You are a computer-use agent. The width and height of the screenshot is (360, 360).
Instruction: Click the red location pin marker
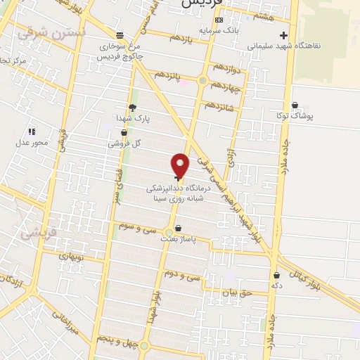point(181,165)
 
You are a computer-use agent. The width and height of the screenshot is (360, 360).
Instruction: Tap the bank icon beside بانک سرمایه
point(219,20)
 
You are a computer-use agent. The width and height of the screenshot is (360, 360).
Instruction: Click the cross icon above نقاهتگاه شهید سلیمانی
point(283,34)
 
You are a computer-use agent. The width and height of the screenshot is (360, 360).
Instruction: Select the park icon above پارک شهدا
point(131,108)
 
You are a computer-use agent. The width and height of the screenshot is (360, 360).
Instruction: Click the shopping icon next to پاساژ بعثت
point(179,229)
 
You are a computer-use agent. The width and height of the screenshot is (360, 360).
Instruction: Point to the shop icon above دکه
point(276,276)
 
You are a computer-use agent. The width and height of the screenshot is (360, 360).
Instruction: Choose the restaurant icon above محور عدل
point(31,131)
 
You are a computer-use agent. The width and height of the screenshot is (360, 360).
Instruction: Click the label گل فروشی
point(125,143)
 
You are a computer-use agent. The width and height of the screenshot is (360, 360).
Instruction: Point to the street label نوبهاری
point(74,257)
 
